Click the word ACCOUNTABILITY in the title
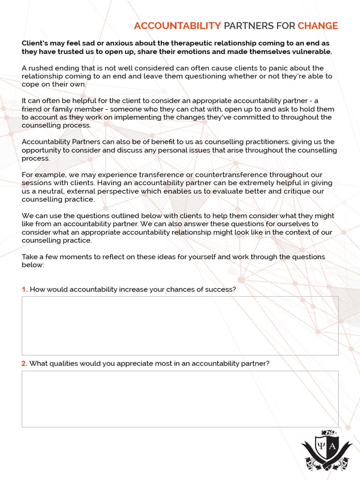[177, 26]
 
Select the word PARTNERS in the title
[245, 26]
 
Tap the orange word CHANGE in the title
[317, 26]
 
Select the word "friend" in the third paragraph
[32, 109]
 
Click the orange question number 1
[24, 289]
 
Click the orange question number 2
[24, 363]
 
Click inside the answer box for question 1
[180, 325]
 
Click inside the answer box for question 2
[180, 399]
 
